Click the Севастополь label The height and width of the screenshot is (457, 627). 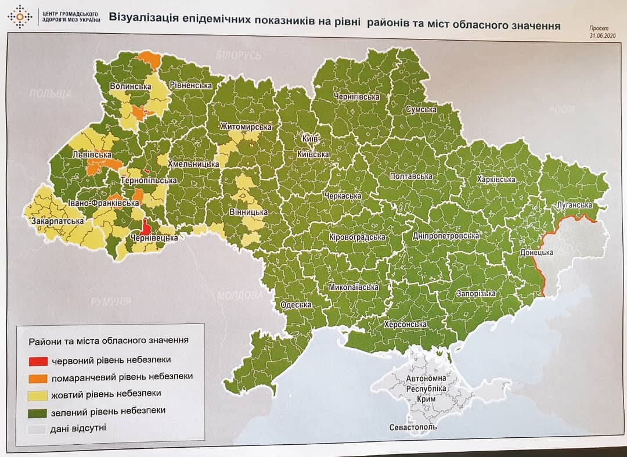(413, 428)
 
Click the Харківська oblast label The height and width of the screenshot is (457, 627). (495, 179)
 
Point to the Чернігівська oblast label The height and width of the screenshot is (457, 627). (356, 97)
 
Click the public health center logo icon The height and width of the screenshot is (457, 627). (20, 17)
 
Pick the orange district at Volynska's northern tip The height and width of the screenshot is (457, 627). (150, 58)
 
